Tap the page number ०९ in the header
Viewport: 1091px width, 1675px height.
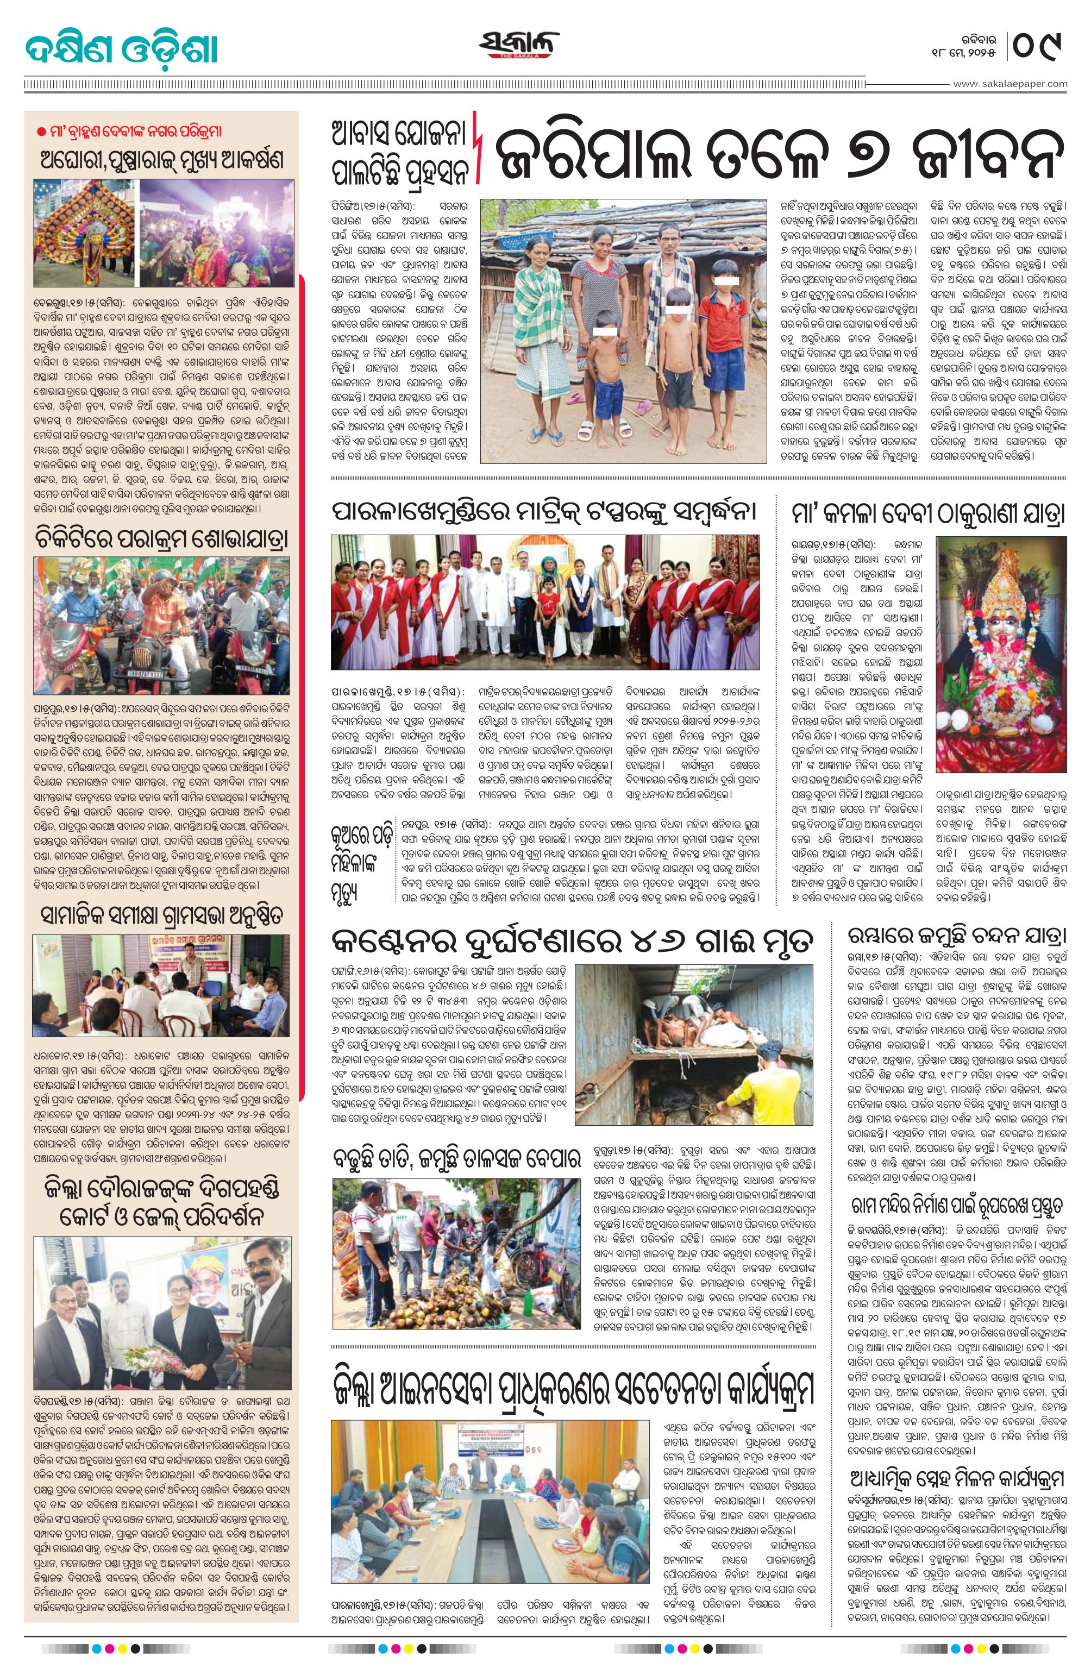(1038, 47)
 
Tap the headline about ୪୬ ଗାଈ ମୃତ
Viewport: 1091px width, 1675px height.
(573, 939)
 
